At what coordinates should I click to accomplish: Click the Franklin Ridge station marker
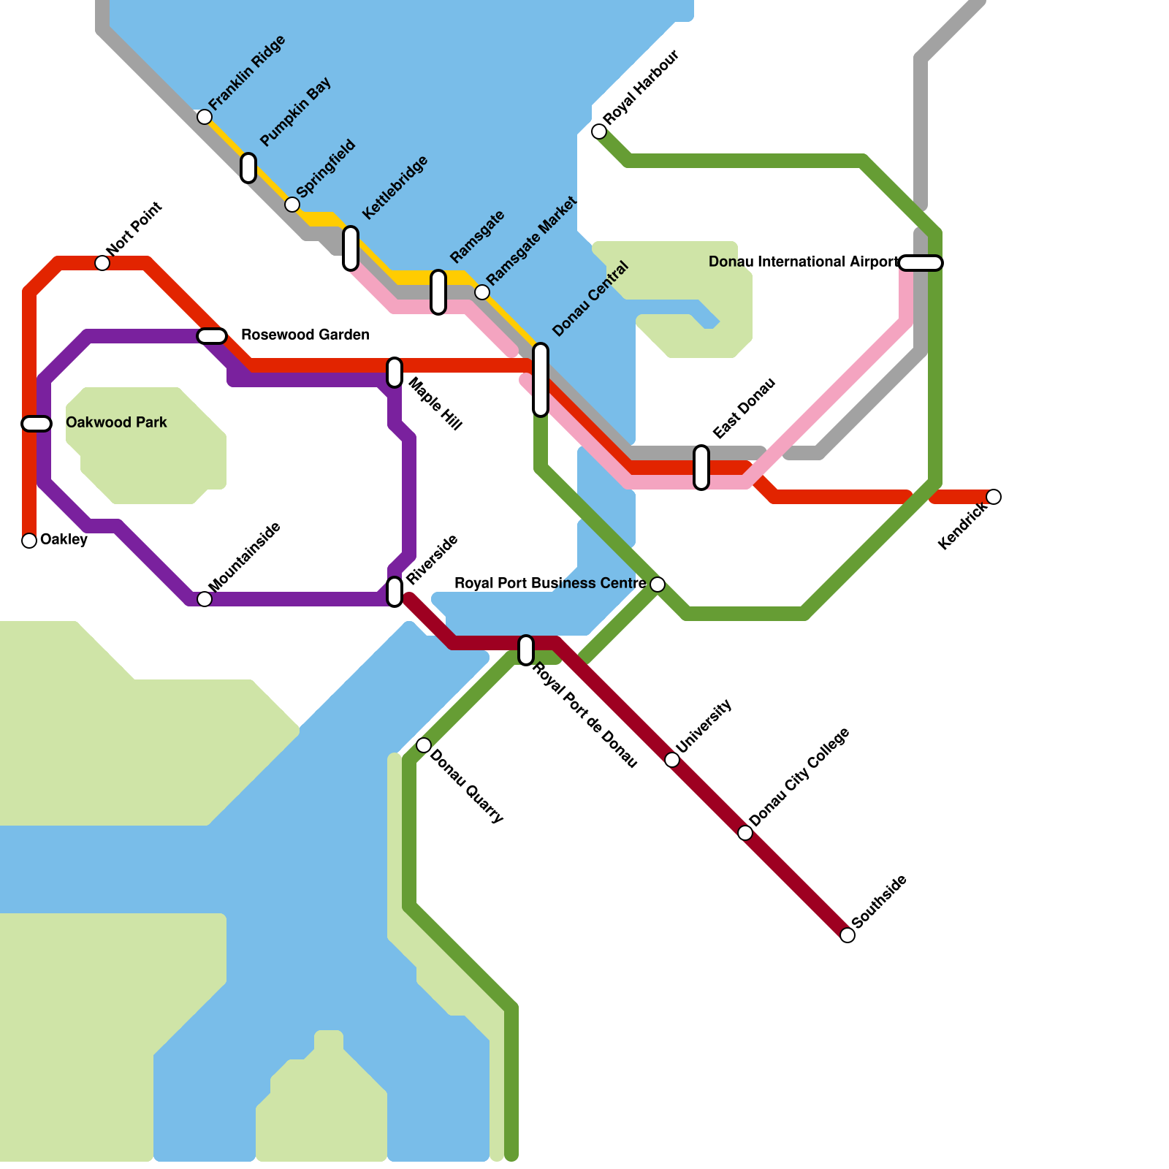(x=205, y=117)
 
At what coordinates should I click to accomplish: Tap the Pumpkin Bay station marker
(x=248, y=168)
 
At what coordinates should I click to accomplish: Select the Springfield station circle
(x=292, y=205)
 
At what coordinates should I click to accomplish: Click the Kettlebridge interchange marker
(x=351, y=248)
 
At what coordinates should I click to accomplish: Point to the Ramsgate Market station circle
(x=482, y=292)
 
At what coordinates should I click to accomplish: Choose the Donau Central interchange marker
(x=541, y=379)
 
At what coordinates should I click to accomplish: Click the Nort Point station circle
(x=102, y=263)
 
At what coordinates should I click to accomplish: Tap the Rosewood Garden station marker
(x=212, y=336)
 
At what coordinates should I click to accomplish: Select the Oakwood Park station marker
(x=37, y=424)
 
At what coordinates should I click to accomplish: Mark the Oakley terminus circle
(x=29, y=541)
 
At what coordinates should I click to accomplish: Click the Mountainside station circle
(x=205, y=599)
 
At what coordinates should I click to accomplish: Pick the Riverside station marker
(x=395, y=592)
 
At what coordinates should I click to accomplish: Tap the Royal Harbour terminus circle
(x=599, y=132)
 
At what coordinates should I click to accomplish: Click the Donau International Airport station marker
(x=921, y=263)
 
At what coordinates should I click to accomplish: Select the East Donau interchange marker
(x=701, y=468)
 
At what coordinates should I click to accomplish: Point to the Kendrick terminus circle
(x=994, y=497)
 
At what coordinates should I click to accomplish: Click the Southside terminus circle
(x=848, y=935)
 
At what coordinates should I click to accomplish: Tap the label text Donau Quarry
(x=466, y=786)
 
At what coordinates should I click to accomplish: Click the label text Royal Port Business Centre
(x=549, y=583)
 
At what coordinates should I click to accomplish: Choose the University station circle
(x=672, y=760)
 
